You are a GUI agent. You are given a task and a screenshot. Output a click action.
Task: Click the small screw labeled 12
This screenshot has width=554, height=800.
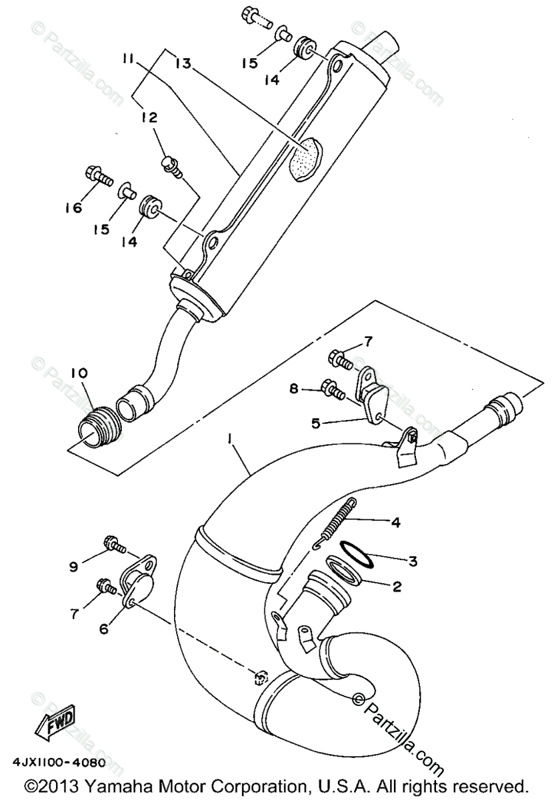click(170, 165)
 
